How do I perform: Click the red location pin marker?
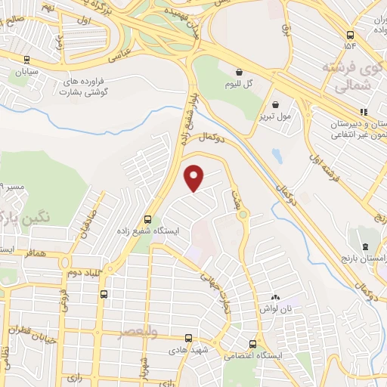click(x=194, y=178)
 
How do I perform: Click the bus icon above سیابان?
click(x=27, y=60)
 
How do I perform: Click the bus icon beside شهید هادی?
click(x=189, y=337)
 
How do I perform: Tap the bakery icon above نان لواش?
click(x=275, y=297)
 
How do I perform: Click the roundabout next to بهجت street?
click(x=243, y=215)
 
